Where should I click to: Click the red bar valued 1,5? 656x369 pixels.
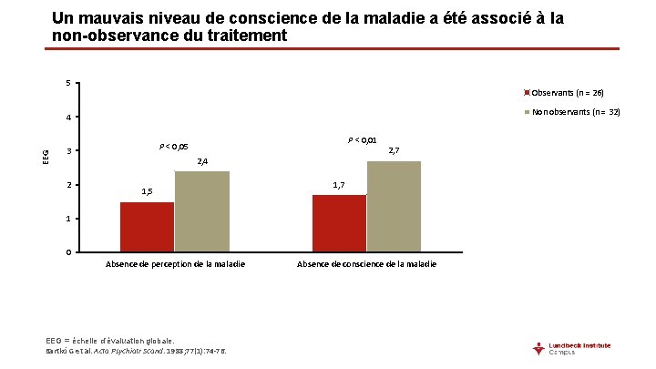click(147, 227)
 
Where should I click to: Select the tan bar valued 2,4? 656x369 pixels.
click(201, 211)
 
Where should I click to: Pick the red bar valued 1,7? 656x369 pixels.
click(339, 223)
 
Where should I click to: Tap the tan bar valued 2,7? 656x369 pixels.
click(394, 207)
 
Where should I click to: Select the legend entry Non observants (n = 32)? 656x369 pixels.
click(570, 112)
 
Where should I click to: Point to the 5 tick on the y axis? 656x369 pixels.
click(68, 85)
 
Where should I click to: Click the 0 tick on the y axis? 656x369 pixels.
click(68, 252)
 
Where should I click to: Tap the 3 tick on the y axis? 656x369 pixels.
click(68, 151)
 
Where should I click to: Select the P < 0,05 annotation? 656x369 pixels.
click(173, 147)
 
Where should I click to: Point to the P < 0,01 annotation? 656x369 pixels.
click(363, 139)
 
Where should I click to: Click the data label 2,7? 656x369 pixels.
click(395, 150)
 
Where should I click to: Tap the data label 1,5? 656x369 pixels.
click(147, 191)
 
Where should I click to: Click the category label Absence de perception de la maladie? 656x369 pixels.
click(175, 264)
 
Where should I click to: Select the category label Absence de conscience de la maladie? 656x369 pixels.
click(366, 264)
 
